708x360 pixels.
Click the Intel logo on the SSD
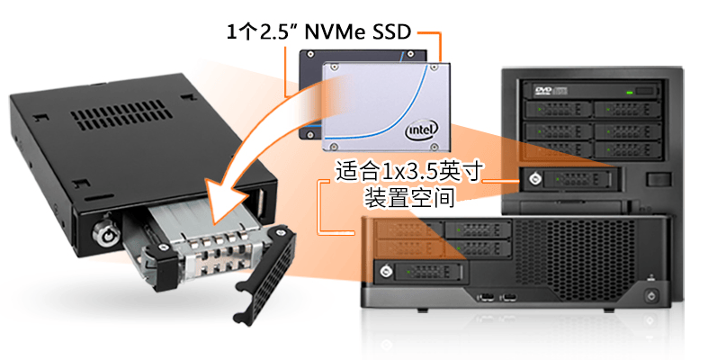(x=422, y=130)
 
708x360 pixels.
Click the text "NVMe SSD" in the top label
(x=358, y=31)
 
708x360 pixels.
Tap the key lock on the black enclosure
(x=104, y=233)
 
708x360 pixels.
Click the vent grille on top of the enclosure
(x=121, y=114)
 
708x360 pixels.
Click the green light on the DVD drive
(x=630, y=93)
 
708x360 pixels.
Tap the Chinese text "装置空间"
(x=408, y=198)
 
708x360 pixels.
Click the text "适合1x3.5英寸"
(x=408, y=171)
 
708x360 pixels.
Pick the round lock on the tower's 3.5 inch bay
(x=535, y=179)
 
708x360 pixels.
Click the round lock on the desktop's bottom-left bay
(x=385, y=272)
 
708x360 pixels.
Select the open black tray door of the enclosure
(x=265, y=274)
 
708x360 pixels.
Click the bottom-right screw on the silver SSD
(x=435, y=146)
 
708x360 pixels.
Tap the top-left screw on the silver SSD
(x=333, y=67)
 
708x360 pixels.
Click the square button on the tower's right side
(x=659, y=179)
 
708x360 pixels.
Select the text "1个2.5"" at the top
(x=257, y=32)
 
